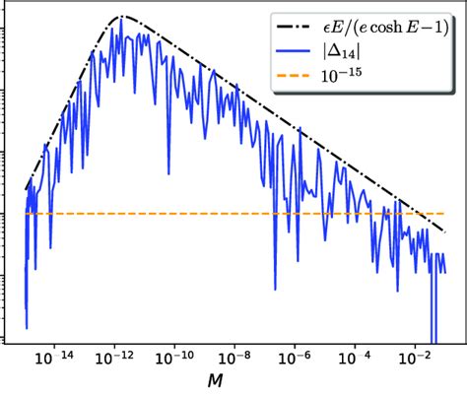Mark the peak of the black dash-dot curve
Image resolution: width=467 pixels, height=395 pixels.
122,17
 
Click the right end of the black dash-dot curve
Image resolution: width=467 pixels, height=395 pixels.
446,232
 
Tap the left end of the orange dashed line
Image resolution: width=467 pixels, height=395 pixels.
26,213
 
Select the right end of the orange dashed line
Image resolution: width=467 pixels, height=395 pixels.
446,213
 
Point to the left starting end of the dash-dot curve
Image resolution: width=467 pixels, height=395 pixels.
27,187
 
